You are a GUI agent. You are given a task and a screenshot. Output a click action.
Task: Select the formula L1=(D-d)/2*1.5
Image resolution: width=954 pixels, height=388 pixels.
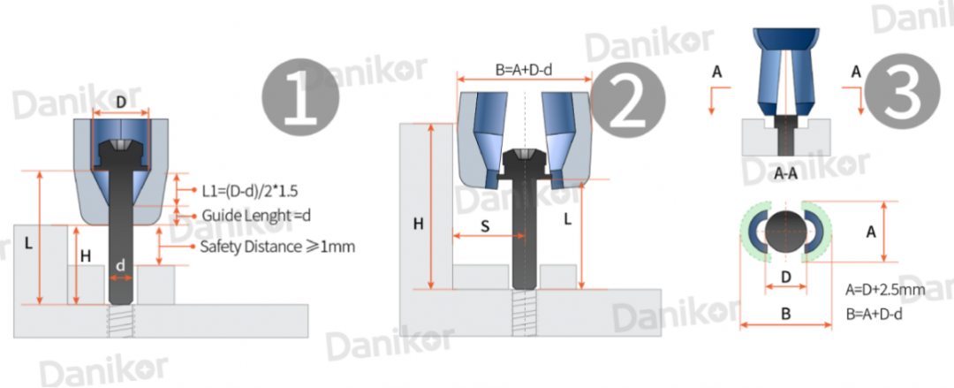coord(250,191)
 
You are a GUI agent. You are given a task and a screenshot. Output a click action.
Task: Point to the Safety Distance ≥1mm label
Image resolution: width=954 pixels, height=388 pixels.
coord(277,247)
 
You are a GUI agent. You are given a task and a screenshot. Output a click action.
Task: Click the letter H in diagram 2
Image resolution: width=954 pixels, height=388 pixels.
coord(418,224)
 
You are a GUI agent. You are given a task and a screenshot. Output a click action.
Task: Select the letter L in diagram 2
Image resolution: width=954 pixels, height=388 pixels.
coord(568,219)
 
